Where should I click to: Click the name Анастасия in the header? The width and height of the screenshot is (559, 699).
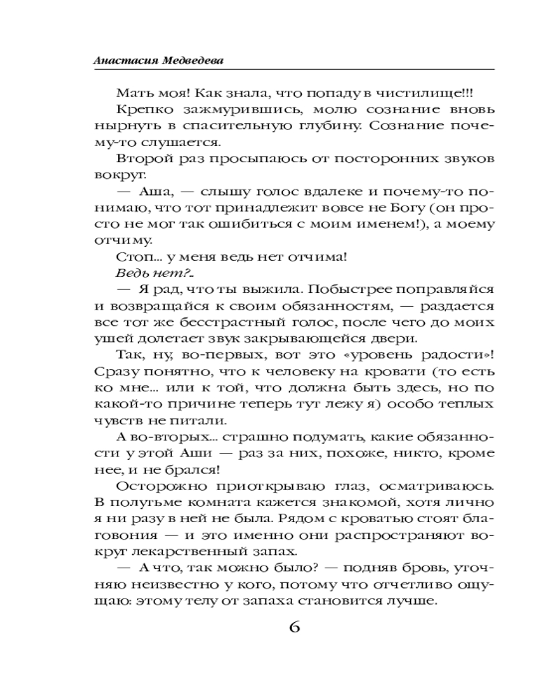tap(119, 61)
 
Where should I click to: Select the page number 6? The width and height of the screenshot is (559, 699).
tap(294, 626)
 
